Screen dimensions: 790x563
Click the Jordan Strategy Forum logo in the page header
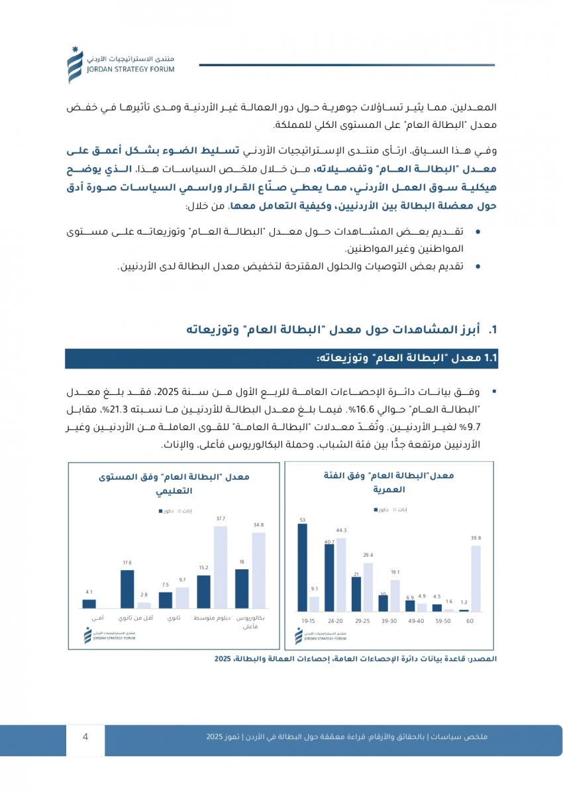[x=75, y=66]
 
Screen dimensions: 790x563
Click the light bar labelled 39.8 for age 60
[x=475, y=578]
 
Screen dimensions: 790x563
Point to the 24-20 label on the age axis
[x=334, y=620]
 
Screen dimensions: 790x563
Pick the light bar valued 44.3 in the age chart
[x=341, y=574]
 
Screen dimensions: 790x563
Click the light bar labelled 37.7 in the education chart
[x=220, y=567]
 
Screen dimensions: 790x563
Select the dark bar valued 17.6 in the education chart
[x=127, y=589]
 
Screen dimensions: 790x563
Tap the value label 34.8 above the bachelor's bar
[x=258, y=525]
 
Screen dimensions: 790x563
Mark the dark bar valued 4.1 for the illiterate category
[x=89, y=604]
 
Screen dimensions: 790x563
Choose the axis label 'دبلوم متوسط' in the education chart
[x=211, y=618]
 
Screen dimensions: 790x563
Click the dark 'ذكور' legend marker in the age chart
[x=377, y=510]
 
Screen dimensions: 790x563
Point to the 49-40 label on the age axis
[x=415, y=620]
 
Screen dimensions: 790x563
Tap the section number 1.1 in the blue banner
[x=490, y=359]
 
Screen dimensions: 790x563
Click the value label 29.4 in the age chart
[x=368, y=555]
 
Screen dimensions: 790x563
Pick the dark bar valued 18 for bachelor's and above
[x=242, y=589]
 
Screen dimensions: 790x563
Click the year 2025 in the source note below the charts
[x=223, y=659]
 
